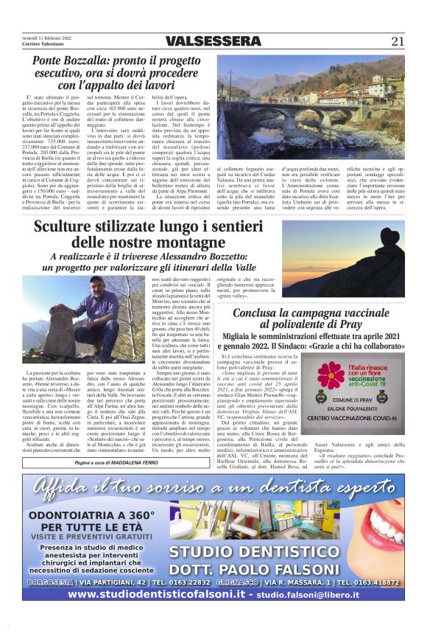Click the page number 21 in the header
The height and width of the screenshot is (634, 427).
[x=398, y=41]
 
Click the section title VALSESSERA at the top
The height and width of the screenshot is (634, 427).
[x=213, y=41]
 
